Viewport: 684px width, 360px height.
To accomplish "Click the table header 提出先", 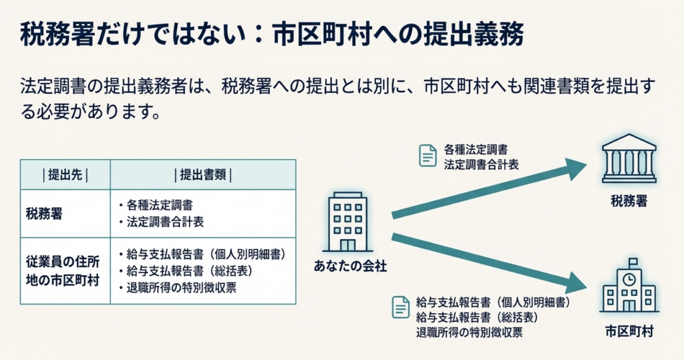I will (x=65, y=175).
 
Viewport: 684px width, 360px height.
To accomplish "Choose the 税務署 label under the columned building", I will (x=629, y=202).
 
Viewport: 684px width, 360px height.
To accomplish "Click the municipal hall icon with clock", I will (x=629, y=287).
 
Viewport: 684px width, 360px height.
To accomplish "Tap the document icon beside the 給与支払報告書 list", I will (x=400, y=307).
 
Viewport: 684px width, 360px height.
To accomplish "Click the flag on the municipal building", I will (x=633, y=262).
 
